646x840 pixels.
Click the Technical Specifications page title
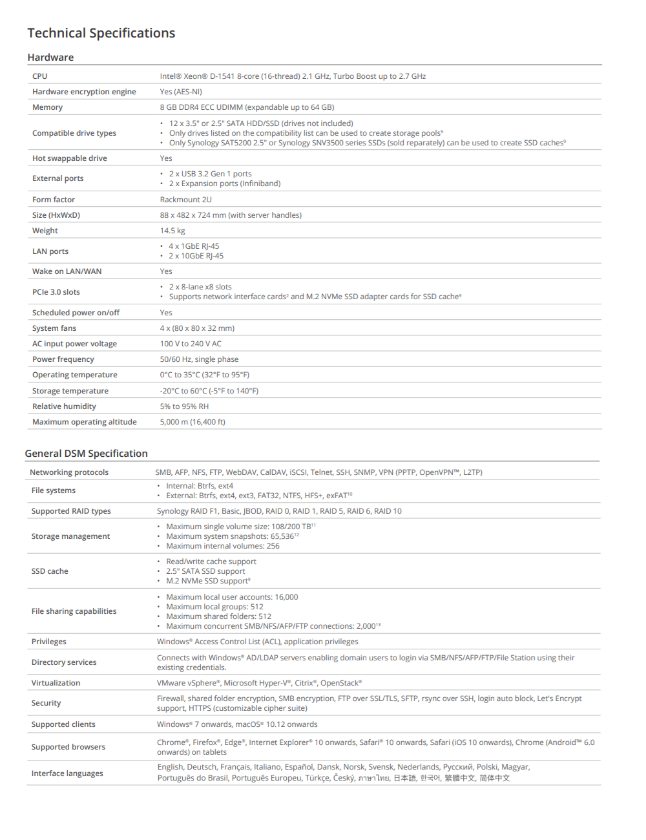pos(101,33)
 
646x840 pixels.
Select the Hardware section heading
pos(50,58)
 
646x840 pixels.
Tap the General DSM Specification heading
pos(86,454)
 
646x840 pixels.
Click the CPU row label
pos(40,76)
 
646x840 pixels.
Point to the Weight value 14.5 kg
pos(172,231)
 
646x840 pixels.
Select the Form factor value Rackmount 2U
pos(185,200)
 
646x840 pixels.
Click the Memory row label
pos(47,107)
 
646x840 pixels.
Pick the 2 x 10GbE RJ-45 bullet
pos(196,256)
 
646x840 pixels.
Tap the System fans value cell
pos(197,328)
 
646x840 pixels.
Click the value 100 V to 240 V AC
pos(191,344)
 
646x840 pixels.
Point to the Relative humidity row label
pos(64,406)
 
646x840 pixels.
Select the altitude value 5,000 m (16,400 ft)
pos(193,422)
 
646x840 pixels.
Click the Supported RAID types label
pos(71,511)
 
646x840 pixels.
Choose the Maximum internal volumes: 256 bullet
pos(222,546)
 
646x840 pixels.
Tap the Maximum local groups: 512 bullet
pos(214,607)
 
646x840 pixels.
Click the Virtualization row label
pos(56,683)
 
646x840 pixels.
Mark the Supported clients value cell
pos(237,724)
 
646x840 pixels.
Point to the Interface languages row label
pos(67,773)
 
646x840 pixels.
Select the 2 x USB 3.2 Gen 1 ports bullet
pos(210,174)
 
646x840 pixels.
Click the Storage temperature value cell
pos(209,391)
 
